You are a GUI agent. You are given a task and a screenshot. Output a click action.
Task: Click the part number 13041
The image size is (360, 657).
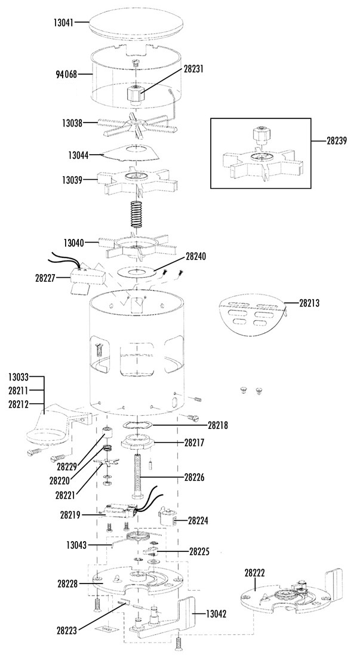point(63,22)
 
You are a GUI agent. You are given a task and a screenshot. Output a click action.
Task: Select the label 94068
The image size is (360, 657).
point(66,75)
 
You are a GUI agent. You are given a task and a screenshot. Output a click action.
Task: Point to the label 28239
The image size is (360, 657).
point(337,141)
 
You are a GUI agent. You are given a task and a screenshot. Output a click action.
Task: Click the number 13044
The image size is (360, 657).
point(79,155)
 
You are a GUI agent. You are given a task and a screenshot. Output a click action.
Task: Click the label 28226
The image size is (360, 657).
point(195,477)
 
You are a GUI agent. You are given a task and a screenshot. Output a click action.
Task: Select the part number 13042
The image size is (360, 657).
point(216,614)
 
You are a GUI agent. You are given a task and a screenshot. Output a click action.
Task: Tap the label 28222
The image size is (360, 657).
point(255,572)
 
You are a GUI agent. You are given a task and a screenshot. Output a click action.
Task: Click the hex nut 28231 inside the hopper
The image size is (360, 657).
point(137,96)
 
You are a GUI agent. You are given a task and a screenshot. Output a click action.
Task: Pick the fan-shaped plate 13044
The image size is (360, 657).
point(131,153)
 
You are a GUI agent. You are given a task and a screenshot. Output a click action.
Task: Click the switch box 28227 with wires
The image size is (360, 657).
point(87,276)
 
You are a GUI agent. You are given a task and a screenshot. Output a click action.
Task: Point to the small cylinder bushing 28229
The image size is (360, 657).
point(109,432)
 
